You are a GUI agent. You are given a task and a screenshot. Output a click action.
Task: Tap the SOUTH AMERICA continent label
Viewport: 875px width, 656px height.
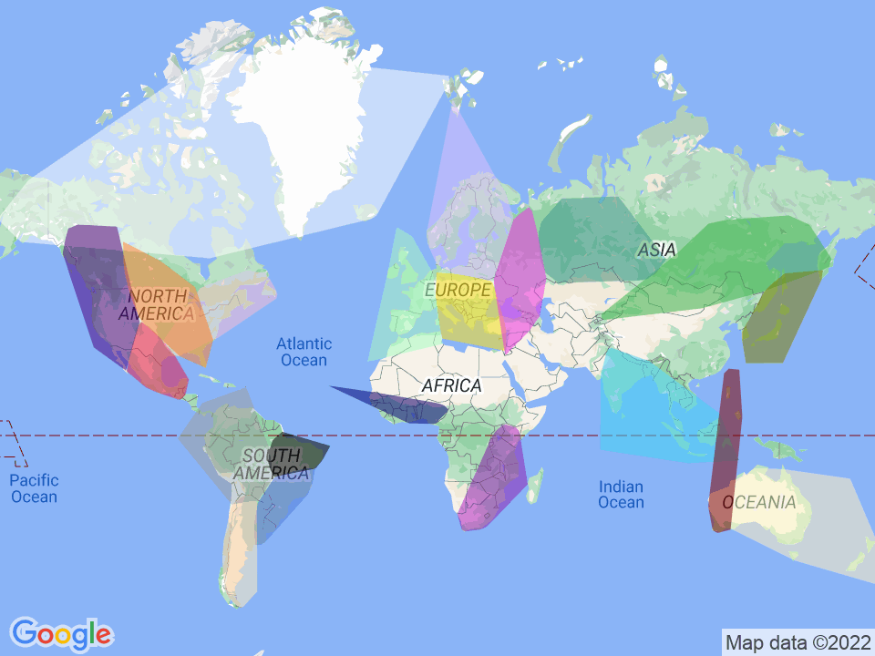271,465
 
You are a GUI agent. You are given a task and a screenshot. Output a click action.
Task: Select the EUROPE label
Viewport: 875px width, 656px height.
458,290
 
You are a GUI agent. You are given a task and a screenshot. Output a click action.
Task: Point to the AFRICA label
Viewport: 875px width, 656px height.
451,386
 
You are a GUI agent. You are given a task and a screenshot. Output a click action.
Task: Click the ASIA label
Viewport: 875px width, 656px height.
656,250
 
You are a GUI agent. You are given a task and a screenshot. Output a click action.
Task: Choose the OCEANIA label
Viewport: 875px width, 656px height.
759,503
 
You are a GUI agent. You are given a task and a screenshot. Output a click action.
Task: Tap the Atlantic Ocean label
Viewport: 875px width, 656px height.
304,352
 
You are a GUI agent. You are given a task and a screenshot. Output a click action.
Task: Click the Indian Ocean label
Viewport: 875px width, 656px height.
621,495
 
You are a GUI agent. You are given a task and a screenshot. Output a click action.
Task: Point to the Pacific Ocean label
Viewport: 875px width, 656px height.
34,488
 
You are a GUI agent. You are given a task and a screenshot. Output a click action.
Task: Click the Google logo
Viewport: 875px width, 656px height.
61,632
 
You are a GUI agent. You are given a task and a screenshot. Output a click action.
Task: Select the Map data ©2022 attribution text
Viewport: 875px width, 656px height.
797,642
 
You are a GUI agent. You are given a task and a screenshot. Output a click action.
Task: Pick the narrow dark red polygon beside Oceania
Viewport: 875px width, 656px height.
727,446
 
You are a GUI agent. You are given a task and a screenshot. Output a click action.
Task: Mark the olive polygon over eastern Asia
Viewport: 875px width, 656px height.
779,319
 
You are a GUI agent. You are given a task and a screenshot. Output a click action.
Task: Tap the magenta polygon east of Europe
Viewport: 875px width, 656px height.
519,273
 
